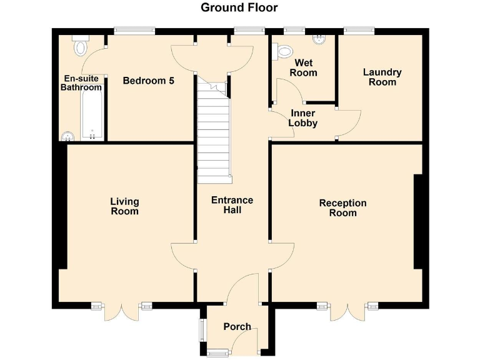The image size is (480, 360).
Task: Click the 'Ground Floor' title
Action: click(239, 7)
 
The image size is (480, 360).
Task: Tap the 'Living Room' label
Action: click(124, 206)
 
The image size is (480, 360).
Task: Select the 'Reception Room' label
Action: click(342, 207)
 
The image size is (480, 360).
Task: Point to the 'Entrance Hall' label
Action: click(232, 205)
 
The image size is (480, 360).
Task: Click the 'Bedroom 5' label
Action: click(148, 81)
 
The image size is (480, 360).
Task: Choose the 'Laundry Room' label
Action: click(382, 77)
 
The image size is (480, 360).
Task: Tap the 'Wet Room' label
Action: click(306, 67)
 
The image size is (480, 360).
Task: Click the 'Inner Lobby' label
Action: click(303, 118)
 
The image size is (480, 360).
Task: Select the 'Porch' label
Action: click(237, 326)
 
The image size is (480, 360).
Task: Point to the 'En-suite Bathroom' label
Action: click(81, 83)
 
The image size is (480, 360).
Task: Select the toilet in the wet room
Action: click(284, 51)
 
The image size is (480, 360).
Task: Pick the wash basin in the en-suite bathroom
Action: click(67, 136)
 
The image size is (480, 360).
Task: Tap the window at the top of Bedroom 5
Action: click(134, 30)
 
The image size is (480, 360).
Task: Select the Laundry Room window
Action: click(359, 30)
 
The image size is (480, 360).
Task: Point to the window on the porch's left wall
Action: click(201, 330)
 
